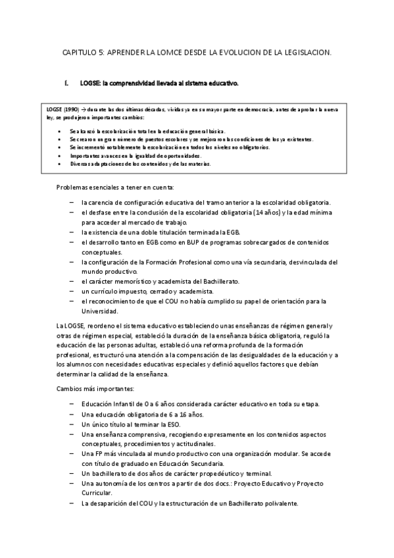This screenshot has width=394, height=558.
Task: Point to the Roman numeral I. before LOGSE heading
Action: (x=66, y=84)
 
